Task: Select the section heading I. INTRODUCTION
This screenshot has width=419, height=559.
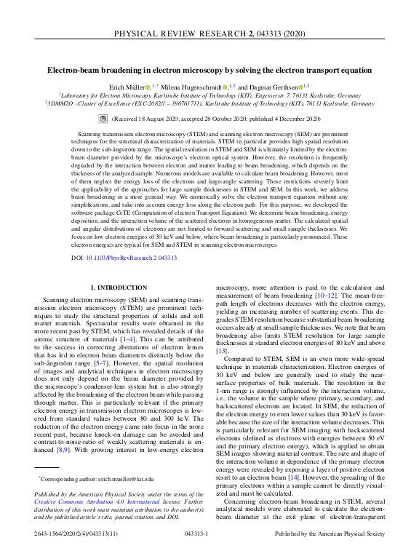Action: tap(117, 289)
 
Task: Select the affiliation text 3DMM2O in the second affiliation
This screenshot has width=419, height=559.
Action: tap(65, 103)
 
